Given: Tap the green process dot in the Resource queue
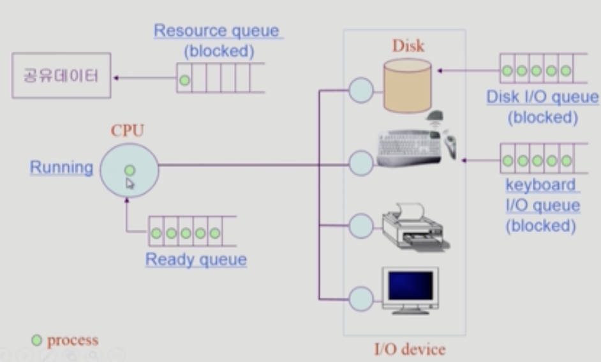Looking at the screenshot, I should [x=184, y=80].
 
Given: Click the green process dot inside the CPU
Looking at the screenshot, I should [x=130, y=170].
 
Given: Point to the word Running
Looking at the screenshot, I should [x=61, y=168].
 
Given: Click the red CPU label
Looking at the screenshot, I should [x=128, y=131].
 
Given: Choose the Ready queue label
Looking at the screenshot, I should [x=196, y=259].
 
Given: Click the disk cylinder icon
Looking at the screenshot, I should [x=406, y=85].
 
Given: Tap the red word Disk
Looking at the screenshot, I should [x=408, y=46].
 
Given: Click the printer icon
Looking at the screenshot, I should [x=415, y=226].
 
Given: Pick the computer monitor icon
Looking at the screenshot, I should [x=410, y=290].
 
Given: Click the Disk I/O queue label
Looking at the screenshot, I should [x=542, y=98].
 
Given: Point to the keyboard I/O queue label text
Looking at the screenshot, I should [x=542, y=205].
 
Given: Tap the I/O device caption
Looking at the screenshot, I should [x=409, y=349].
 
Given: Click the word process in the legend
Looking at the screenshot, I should [x=73, y=340].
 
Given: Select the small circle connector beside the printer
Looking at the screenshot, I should [x=361, y=226].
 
